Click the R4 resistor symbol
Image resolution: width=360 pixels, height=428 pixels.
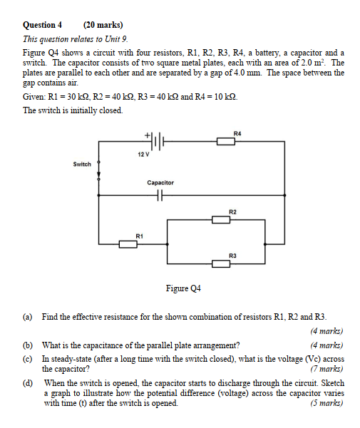coord(225,142)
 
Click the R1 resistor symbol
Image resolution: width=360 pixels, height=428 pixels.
coord(128,244)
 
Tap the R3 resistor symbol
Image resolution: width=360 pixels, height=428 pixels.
coord(222,263)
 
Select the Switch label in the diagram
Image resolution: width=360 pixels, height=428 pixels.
coord(82,165)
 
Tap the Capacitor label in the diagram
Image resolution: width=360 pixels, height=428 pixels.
coord(160,183)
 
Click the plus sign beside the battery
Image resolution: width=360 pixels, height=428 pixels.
coord(148,135)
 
